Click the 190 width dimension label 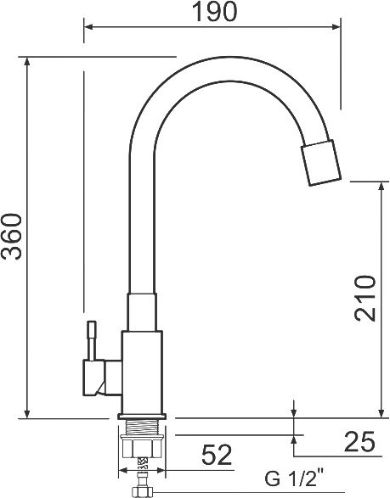coord(215,12)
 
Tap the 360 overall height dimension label coord(12,237)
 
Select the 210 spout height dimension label coord(365,298)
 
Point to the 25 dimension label coord(359,441)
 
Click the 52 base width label coord(217,455)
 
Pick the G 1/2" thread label coord(294,478)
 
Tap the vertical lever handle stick coord(92,340)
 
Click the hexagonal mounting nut coord(142,446)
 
